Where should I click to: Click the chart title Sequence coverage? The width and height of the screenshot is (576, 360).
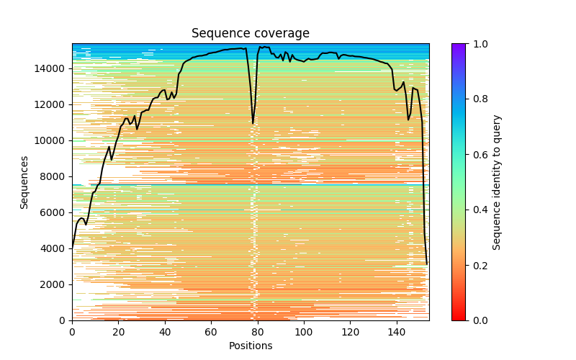[x=250, y=34]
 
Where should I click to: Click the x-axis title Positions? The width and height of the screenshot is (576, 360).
[x=250, y=346]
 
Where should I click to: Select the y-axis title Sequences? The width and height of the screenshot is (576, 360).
[x=24, y=182]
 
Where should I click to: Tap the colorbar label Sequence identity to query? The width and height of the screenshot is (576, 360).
[x=497, y=182]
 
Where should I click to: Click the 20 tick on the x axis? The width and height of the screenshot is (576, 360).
[x=118, y=333]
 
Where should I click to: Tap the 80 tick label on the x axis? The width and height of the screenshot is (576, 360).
[x=257, y=333]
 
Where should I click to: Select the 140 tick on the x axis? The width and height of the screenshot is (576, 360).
[x=397, y=333]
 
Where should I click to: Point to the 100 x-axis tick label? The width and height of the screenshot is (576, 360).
[x=304, y=333]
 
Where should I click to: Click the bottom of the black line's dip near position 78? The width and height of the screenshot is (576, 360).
[x=253, y=122]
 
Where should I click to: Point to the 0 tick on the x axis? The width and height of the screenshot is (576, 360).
[x=72, y=333]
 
